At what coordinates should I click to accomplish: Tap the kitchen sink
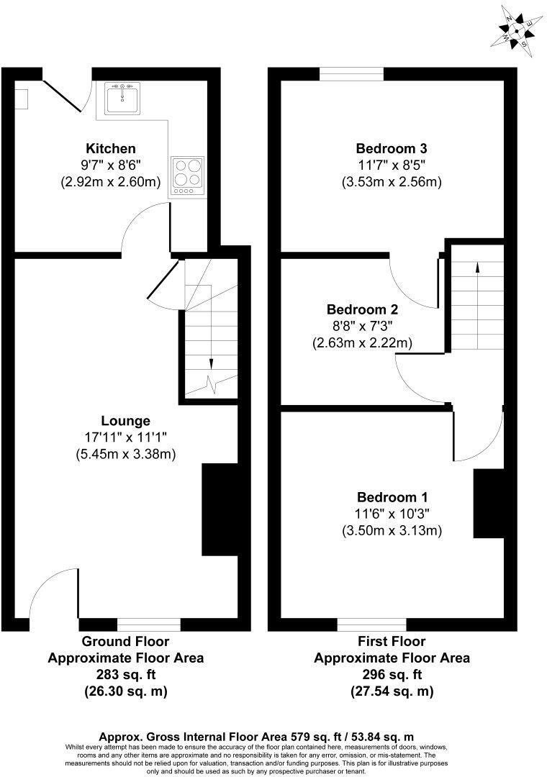(125, 98)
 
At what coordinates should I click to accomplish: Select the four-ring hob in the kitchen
(187, 176)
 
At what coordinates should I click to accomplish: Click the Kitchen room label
(111, 149)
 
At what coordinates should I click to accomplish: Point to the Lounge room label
(126, 421)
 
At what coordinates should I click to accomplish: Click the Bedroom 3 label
(392, 149)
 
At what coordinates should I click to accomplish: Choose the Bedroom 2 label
(362, 310)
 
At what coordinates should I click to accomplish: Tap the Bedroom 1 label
(392, 497)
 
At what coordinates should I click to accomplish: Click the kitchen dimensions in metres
(111, 183)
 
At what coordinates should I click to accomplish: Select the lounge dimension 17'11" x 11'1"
(126, 437)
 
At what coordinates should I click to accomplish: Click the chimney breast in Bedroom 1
(488, 504)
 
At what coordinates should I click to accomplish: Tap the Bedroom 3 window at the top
(352, 73)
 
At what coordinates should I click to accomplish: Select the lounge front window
(149, 624)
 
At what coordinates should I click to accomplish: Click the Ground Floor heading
(126, 641)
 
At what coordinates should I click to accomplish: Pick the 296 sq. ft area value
(392, 675)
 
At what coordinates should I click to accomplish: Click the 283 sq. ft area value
(126, 675)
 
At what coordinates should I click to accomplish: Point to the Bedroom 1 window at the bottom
(371, 624)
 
